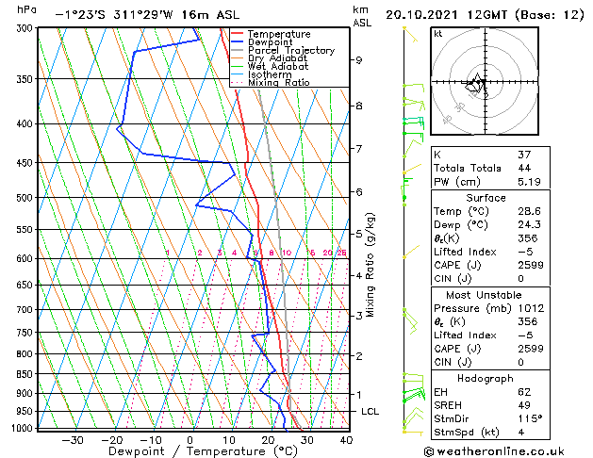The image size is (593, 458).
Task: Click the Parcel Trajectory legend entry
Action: (290, 50)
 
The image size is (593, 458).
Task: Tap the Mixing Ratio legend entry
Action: (284, 83)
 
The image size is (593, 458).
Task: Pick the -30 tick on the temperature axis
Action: (72, 439)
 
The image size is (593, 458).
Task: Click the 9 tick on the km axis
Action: (359, 60)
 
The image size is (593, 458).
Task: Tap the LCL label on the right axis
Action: (370, 412)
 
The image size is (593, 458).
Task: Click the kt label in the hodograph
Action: (437, 33)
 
